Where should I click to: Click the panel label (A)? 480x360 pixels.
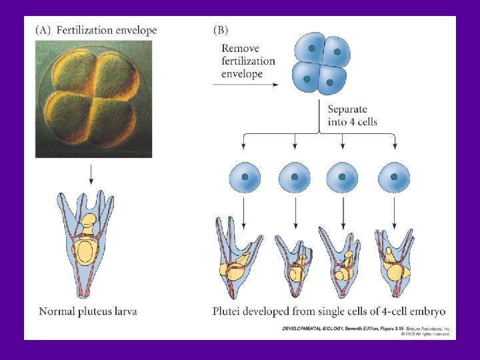click(x=45, y=31)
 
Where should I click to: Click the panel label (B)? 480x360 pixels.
click(x=221, y=31)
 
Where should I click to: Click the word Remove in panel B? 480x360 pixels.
click(x=241, y=49)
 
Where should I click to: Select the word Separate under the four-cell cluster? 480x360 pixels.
click(x=347, y=109)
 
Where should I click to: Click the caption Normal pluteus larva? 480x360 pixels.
click(x=88, y=311)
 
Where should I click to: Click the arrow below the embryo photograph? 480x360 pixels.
click(x=91, y=175)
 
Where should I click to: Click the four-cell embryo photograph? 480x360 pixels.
click(x=94, y=98)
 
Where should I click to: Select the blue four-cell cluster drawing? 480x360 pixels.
click(x=321, y=65)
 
